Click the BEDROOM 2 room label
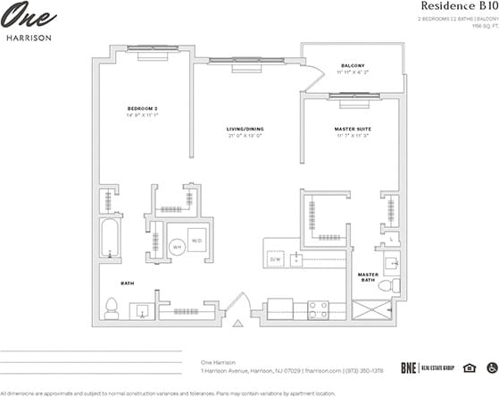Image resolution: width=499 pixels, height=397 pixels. coord(143,109)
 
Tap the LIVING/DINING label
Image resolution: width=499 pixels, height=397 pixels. coord(243,131)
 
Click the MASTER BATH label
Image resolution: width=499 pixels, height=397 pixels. coord(368,277)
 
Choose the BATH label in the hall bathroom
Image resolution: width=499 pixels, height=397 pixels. coord(127,283)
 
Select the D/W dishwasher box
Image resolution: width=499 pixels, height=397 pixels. coord(275,259)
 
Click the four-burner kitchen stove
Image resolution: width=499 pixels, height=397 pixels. coord(320,309)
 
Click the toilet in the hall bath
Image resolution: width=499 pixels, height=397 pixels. coord(112,308)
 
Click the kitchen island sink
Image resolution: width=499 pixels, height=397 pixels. coord(299,258)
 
